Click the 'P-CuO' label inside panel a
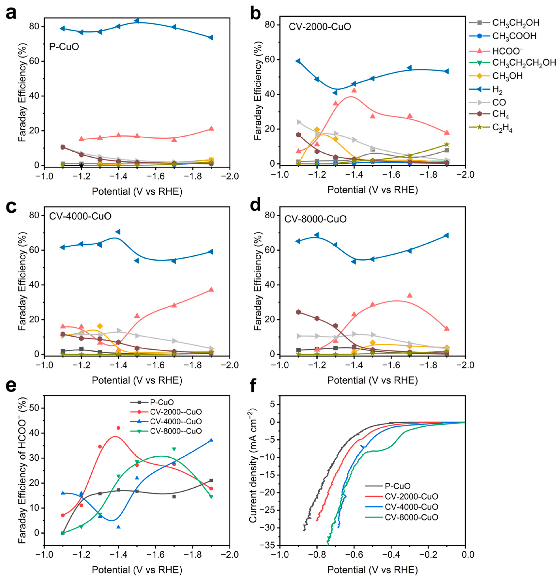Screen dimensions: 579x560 [x=64, y=47]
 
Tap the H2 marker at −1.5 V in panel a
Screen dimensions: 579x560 [x=136, y=21]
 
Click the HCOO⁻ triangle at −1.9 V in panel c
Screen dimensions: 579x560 [x=211, y=289]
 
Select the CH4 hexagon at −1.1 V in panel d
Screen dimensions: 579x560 [x=298, y=312]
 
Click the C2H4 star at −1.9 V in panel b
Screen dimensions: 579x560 [x=446, y=145]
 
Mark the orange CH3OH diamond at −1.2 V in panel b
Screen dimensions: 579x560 [x=317, y=129]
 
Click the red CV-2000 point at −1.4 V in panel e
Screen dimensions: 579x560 [x=118, y=428]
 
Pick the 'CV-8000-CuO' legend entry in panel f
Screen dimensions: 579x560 [x=411, y=517]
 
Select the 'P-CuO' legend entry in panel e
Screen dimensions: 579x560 [x=161, y=402]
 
